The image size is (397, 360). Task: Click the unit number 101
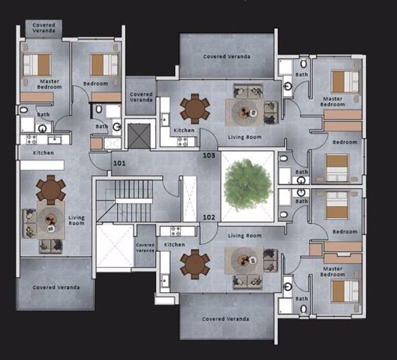click(x=119, y=163)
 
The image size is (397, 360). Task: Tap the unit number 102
click(x=209, y=217)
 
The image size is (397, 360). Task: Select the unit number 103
click(x=209, y=156)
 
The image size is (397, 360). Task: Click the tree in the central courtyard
click(x=248, y=185)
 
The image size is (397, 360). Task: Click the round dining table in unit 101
click(x=51, y=190)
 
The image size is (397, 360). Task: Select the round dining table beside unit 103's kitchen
click(x=195, y=108)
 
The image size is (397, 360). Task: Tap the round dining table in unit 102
click(x=195, y=263)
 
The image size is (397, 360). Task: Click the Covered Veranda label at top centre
click(x=227, y=57)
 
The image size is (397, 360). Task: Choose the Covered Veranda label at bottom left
click(x=56, y=288)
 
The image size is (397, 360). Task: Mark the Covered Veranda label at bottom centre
click(x=225, y=319)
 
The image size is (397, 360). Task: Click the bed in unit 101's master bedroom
click(x=37, y=65)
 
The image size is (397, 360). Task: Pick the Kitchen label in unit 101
click(x=43, y=153)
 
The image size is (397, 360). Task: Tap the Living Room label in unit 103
click(x=244, y=137)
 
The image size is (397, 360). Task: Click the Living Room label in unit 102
click(x=244, y=235)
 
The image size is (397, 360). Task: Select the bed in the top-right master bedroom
click(x=345, y=81)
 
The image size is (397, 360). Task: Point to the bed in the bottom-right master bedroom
click(x=345, y=292)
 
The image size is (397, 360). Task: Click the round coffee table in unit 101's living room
click(x=49, y=219)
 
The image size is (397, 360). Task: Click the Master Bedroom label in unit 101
click(x=48, y=85)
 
